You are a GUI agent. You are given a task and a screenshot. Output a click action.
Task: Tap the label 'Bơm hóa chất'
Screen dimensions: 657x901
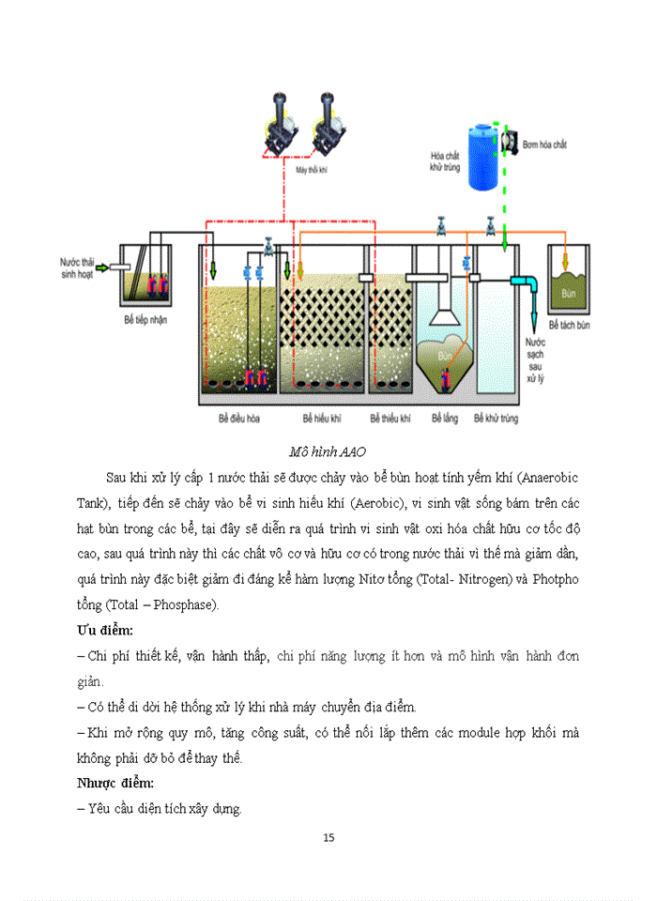click(x=545, y=145)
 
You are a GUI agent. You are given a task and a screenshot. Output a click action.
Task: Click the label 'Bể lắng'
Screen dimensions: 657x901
click(x=445, y=419)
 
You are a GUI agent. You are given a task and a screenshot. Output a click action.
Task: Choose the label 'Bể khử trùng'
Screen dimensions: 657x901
click(x=497, y=419)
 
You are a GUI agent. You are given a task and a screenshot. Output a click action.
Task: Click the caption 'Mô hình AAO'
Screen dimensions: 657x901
click(x=328, y=451)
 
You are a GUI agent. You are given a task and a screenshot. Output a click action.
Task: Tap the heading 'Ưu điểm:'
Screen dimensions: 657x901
click(x=104, y=627)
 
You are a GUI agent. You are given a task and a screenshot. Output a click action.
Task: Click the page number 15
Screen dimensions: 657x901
click(x=328, y=837)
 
